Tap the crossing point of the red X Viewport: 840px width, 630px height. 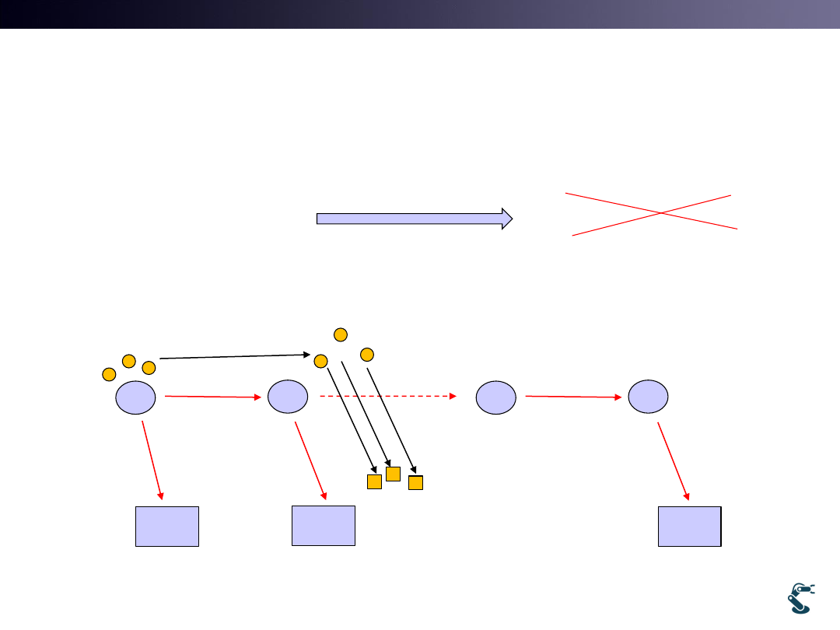click(660, 212)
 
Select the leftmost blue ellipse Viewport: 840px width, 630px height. click(135, 397)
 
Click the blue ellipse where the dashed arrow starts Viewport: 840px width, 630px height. click(287, 397)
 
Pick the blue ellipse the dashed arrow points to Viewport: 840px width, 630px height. click(496, 397)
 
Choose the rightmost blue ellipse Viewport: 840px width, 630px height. click(648, 397)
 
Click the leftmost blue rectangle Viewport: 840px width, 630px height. click(167, 526)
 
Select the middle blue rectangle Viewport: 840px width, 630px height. click(324, 525)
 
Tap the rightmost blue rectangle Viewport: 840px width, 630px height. click(689, 526)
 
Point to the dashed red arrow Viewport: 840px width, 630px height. click(387, 396)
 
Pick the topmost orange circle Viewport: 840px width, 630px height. click(340, 334)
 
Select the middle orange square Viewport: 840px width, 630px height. click(393, 474)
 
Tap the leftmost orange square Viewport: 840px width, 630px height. click(374, 481)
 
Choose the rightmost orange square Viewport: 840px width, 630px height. click(415, 482)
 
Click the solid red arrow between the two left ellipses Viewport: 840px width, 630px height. click(213, 397)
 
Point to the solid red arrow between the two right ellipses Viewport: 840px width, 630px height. click(573, 397)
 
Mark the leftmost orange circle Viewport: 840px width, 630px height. click(109, 375)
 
